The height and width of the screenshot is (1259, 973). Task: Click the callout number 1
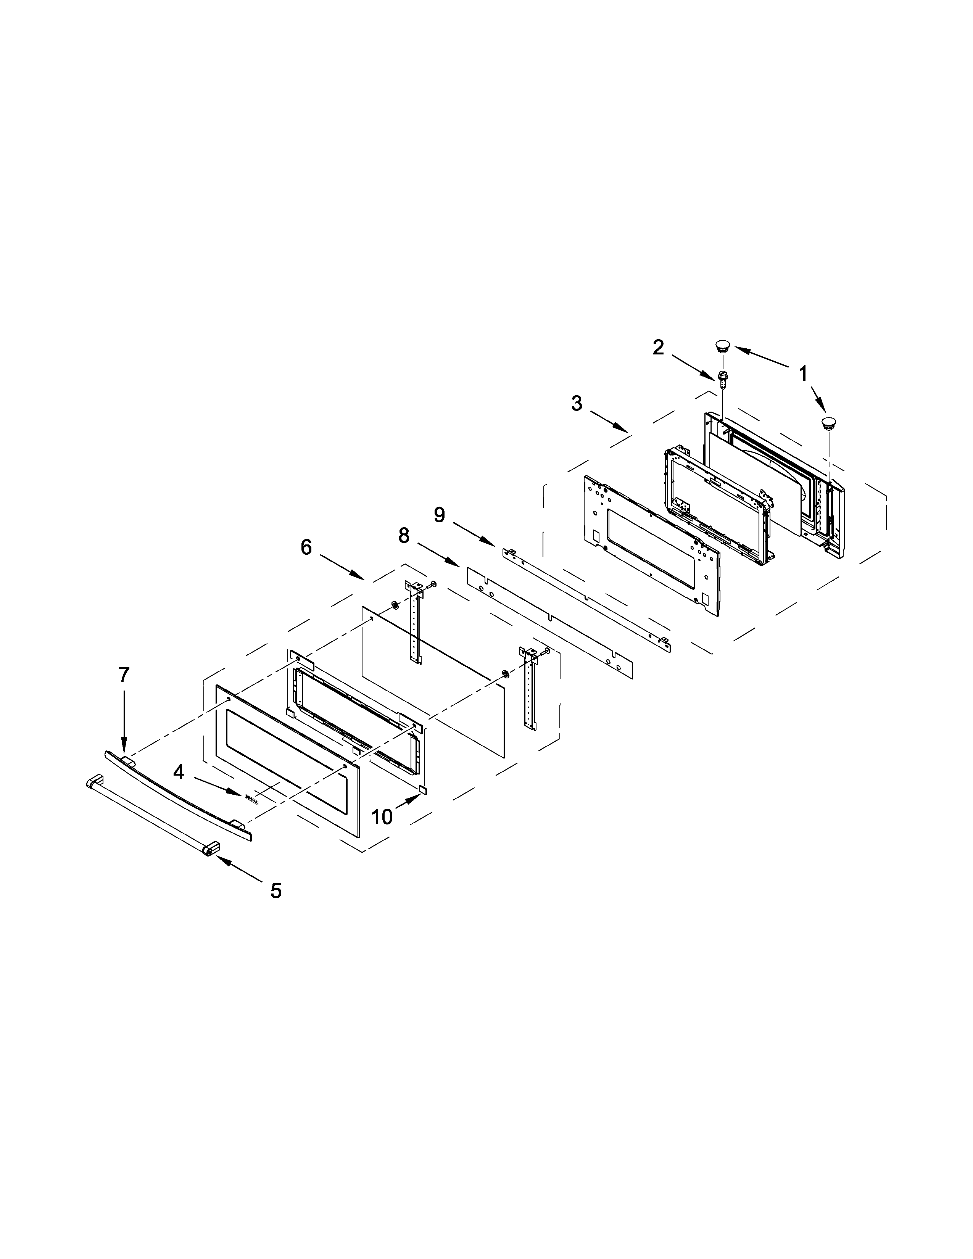point(803,374)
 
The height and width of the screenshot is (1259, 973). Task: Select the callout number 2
point(658,347)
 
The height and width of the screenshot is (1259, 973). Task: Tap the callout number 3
point(577,404)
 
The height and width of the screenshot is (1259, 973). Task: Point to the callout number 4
point(179,772)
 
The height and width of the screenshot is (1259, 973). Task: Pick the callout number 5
point(276,890)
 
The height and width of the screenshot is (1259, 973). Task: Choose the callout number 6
point(306,547)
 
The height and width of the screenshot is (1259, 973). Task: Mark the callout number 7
point(124,675)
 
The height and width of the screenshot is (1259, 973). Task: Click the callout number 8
point(404,536)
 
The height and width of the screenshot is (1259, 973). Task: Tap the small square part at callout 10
point(424,788)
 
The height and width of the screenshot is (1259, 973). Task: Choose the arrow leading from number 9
point(473,534)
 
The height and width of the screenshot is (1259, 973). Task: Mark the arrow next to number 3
point(608,420)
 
